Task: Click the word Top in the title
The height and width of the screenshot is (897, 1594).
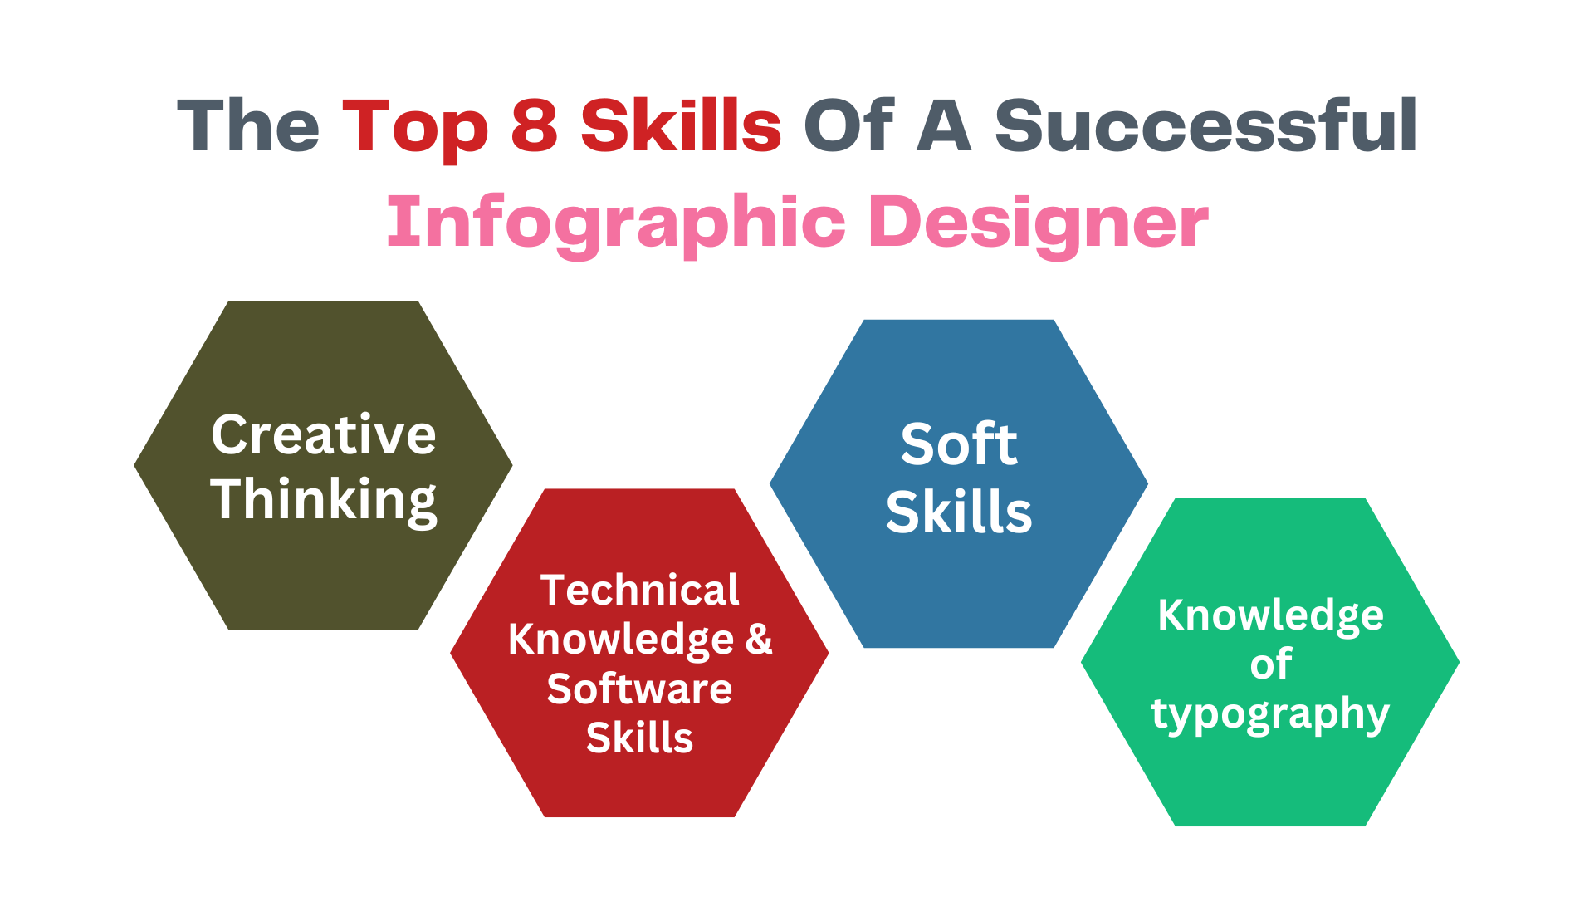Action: [x=414, y=128]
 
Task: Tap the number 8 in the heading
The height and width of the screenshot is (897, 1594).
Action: [x=534, y=126]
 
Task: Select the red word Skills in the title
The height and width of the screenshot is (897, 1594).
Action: [x=681, y=125]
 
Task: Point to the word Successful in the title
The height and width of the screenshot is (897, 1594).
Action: [x=1205, y=125]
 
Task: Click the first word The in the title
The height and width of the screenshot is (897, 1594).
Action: [x=248, y=126]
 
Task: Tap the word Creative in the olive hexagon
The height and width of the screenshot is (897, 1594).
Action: [x=323, y=434]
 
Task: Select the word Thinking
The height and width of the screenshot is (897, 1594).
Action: [x=323, y=500]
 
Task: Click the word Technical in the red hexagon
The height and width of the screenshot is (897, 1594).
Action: [x=639, y=591]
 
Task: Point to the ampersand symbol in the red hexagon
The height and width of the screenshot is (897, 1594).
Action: [x=759, y=639]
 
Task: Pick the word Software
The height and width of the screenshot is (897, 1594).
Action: [x=639, y=689]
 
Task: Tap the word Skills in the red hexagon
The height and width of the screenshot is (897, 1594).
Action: [x=639, y=738]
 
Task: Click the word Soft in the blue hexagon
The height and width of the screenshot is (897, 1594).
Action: [x=959, y=444]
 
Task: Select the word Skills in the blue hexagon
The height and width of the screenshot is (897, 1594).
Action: [x=959, y=512]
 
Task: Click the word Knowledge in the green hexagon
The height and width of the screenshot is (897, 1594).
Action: [x=1270, y=616]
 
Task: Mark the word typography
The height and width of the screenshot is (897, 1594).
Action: [x=1270, y=714]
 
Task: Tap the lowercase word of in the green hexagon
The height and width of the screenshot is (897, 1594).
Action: [x=1270, y=664]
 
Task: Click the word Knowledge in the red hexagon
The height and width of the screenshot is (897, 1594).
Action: [x=621, y=640]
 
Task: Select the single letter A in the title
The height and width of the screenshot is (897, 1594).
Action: [x=944, y=126]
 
